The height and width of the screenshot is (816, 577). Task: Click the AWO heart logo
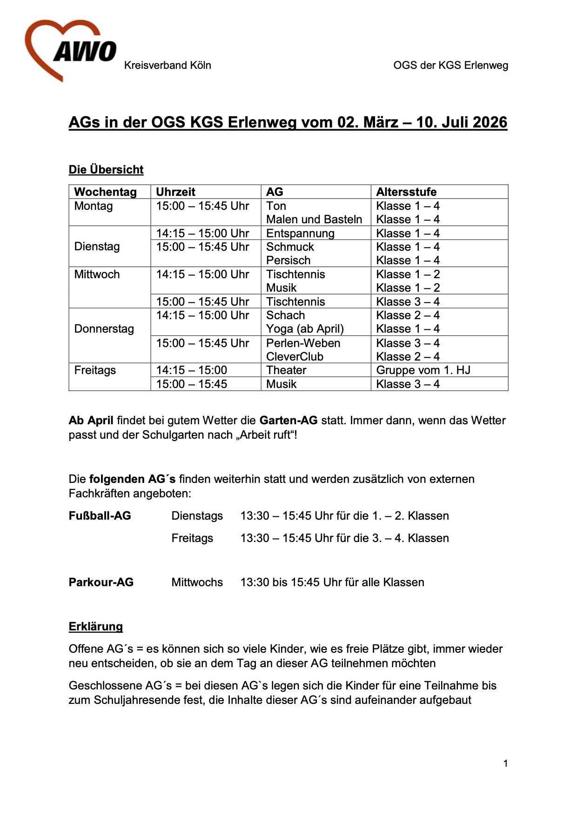point(70,50)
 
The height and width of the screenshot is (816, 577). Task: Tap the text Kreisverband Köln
point(168,65)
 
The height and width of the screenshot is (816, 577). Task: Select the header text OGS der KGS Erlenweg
point(450,65)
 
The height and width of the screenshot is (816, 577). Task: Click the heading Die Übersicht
point(106,169)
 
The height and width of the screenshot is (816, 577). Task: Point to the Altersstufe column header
point(406,192)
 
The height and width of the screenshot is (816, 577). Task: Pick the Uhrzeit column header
point(175,192)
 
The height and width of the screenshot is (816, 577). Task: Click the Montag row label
point(94,206)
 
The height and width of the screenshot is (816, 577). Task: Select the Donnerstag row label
point(104,328)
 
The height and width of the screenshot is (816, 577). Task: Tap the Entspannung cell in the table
point(300,233)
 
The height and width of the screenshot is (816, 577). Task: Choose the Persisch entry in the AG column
point(288,260)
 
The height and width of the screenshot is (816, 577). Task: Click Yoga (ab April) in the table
point(305,328)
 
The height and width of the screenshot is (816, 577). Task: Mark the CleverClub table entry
point(295,356)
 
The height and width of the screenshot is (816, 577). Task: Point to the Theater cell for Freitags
point(286,370)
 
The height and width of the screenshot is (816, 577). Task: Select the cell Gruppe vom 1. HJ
point(423,370)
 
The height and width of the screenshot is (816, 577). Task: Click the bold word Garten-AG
point(288,420)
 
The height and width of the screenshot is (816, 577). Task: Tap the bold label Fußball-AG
point(100,515)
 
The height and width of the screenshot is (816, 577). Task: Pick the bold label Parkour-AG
point(101,582)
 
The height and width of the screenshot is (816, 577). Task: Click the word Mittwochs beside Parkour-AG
point(197,582)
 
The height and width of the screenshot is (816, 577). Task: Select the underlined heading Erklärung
point(96,626)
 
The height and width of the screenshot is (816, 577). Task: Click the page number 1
point(505,763)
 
